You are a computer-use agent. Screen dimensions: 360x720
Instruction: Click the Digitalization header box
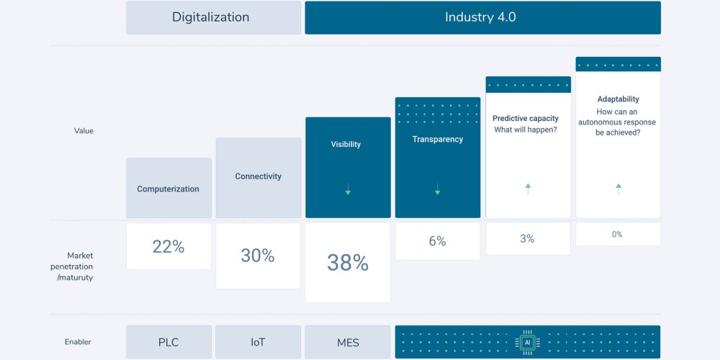point(213,17)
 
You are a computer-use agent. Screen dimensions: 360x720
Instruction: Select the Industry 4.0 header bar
point(482,17)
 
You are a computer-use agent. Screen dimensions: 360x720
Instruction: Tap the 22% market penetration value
point(168,246)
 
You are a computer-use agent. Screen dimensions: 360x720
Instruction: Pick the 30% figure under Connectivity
point(258,256)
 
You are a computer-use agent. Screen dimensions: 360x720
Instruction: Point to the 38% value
point(348,263)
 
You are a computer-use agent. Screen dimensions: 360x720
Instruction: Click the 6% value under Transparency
point(437,241)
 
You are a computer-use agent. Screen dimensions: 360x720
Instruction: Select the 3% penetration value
point(528,238)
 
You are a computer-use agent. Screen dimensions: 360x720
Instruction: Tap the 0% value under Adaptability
point(618,234)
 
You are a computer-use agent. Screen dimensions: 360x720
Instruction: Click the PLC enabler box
point(168,342)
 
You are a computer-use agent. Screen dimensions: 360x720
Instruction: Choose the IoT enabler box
point(258,342)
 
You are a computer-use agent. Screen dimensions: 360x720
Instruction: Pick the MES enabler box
point(348,342)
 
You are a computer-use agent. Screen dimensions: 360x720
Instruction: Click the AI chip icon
point(527,342)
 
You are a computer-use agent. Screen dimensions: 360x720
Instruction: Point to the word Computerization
point(168,189)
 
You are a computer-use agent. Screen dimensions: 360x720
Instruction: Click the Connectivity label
point(258,176)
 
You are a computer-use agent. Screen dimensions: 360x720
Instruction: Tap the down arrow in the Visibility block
point(348,189)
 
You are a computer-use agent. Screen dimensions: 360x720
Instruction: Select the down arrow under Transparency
point(437,189)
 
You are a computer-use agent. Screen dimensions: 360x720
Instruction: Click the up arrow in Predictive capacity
point(528,189)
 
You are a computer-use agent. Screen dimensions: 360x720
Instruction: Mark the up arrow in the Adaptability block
point(618,189)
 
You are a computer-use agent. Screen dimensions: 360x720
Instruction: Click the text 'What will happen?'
point(526,130)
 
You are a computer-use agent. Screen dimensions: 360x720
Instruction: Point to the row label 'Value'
point(84,131)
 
